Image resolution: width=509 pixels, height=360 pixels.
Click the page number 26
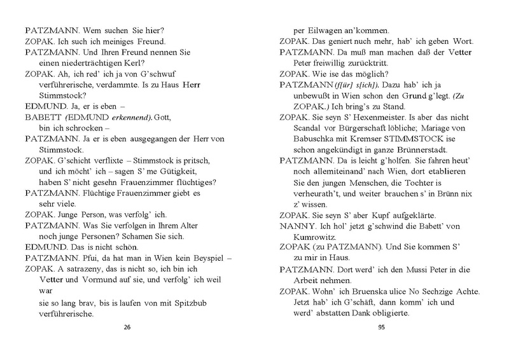click(127, 328)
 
